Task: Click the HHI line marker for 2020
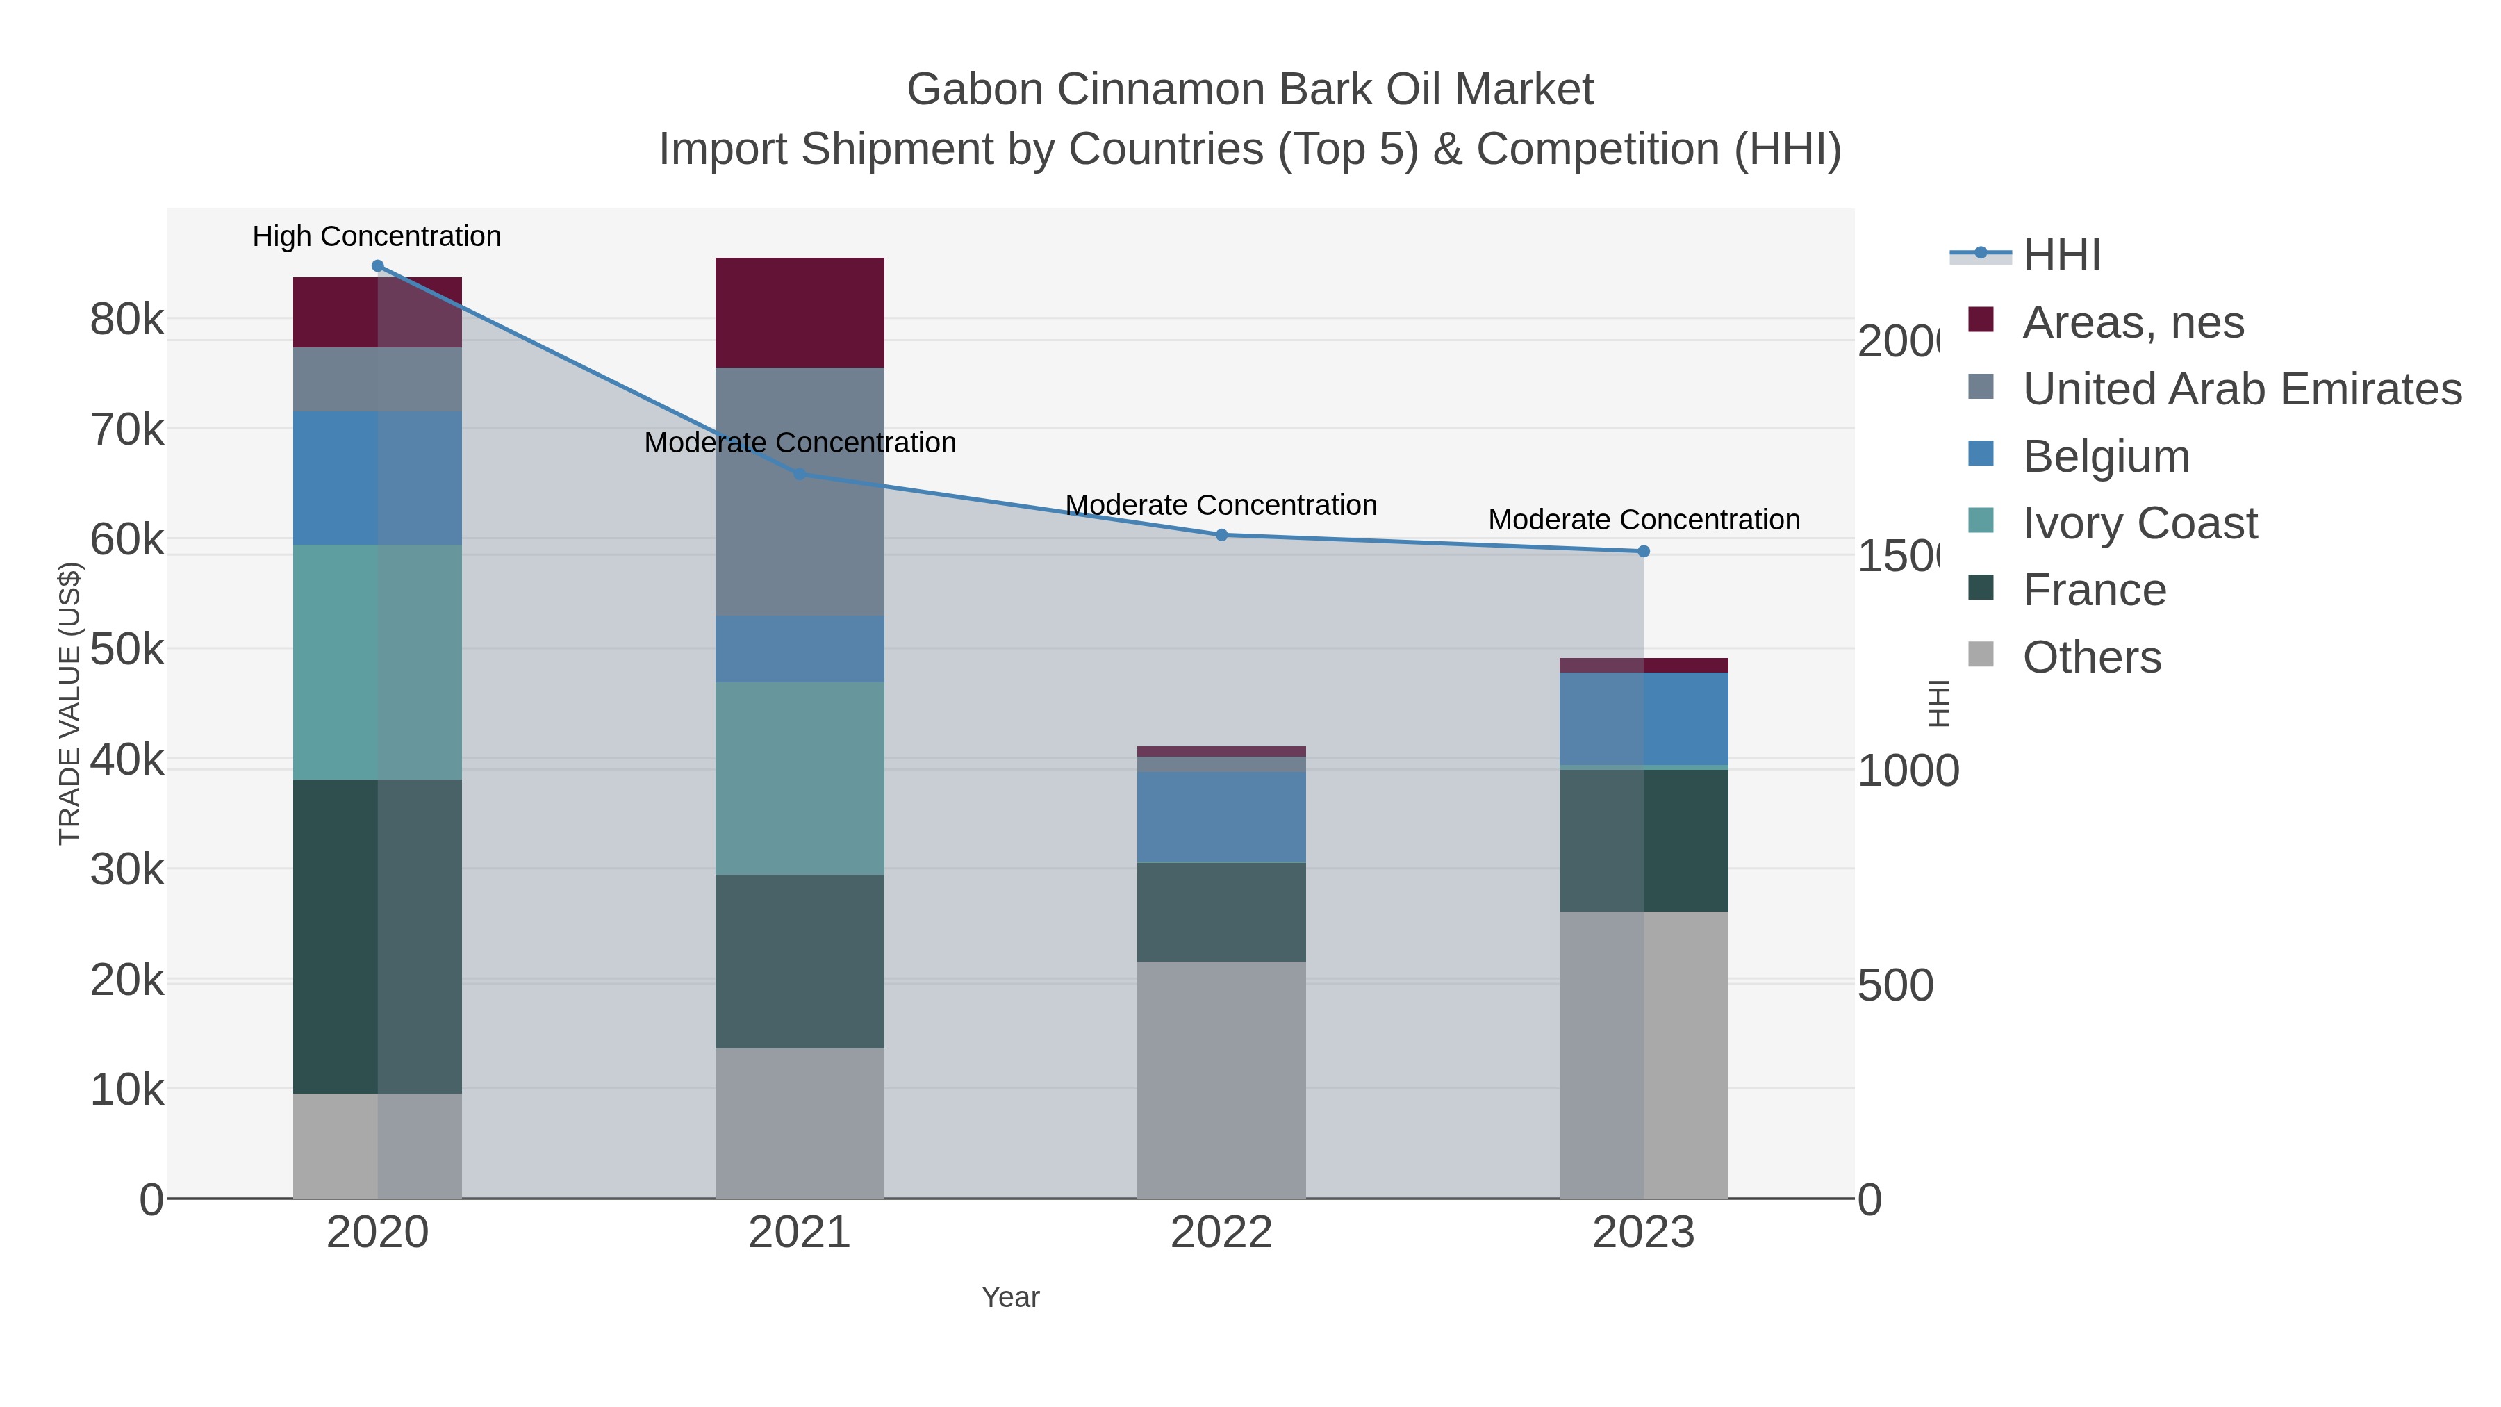coord(378,266)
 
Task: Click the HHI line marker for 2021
coord(800,474)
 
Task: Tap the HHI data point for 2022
coord(1221,535)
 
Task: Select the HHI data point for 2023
coord(1644,552)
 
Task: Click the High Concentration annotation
coord(377,236)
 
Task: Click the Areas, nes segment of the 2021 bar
coord(800,313)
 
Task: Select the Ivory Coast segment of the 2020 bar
coord(378,662)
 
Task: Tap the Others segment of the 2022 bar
coord(1221,1080)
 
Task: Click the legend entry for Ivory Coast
coord(2139,523)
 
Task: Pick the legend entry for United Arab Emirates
coord(2240,389)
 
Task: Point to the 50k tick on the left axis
coord(127,650)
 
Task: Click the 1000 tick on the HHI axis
coord(1908,771)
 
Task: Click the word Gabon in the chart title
coord(975,90)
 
